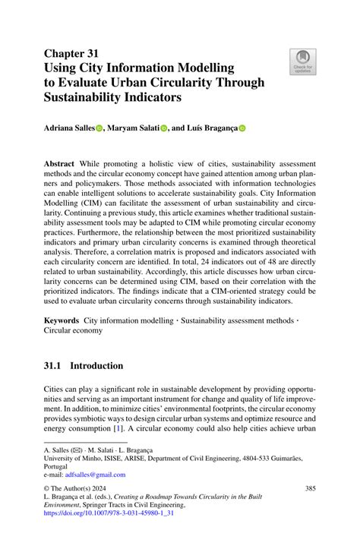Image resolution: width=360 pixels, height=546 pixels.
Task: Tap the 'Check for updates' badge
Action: pos(302,62)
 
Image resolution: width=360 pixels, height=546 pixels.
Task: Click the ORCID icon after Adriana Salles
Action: pos(98,129)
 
